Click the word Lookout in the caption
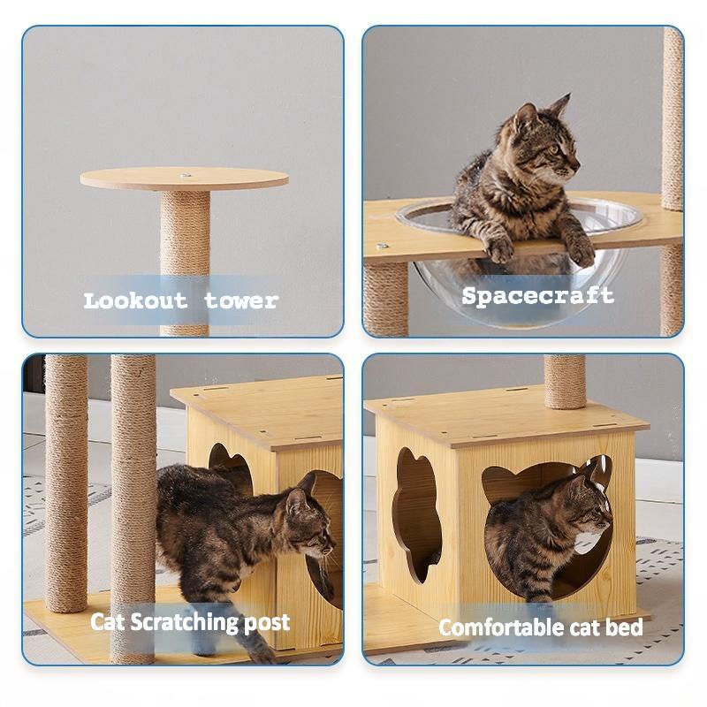tap(135, 300)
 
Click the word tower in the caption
tap(241, 300)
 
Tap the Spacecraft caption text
tap(537, 295)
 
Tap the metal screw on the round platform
tap(186, 176)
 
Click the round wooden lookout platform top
tap(133, 179)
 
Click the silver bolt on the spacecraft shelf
tap(381, 247)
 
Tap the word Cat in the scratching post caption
tap(108, 622)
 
